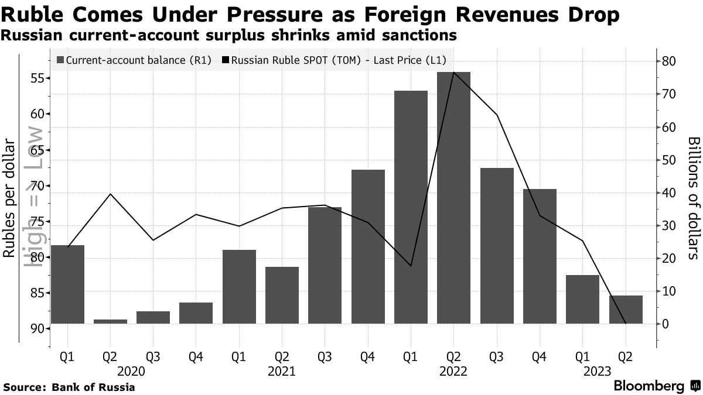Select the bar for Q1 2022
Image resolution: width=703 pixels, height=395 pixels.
(x=411, y=207)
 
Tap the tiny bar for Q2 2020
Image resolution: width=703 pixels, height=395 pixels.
(x=110, y=321)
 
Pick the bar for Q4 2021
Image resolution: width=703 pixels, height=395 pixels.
(x=368, y=246)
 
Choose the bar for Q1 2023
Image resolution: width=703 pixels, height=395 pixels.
(x=582, y=299)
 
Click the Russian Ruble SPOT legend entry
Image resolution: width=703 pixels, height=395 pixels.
(x=334, y=60)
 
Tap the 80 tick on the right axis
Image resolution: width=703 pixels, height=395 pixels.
(x=670, y=61)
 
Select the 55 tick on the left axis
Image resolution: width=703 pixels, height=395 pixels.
(x=38, y=78)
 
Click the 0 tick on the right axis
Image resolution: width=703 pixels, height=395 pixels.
(x=666, y=324)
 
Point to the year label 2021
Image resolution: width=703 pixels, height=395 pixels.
(x=281, y=371)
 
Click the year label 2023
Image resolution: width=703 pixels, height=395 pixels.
(x=597, y=371)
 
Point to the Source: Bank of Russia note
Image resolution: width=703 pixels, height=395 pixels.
(x=69, y=387)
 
